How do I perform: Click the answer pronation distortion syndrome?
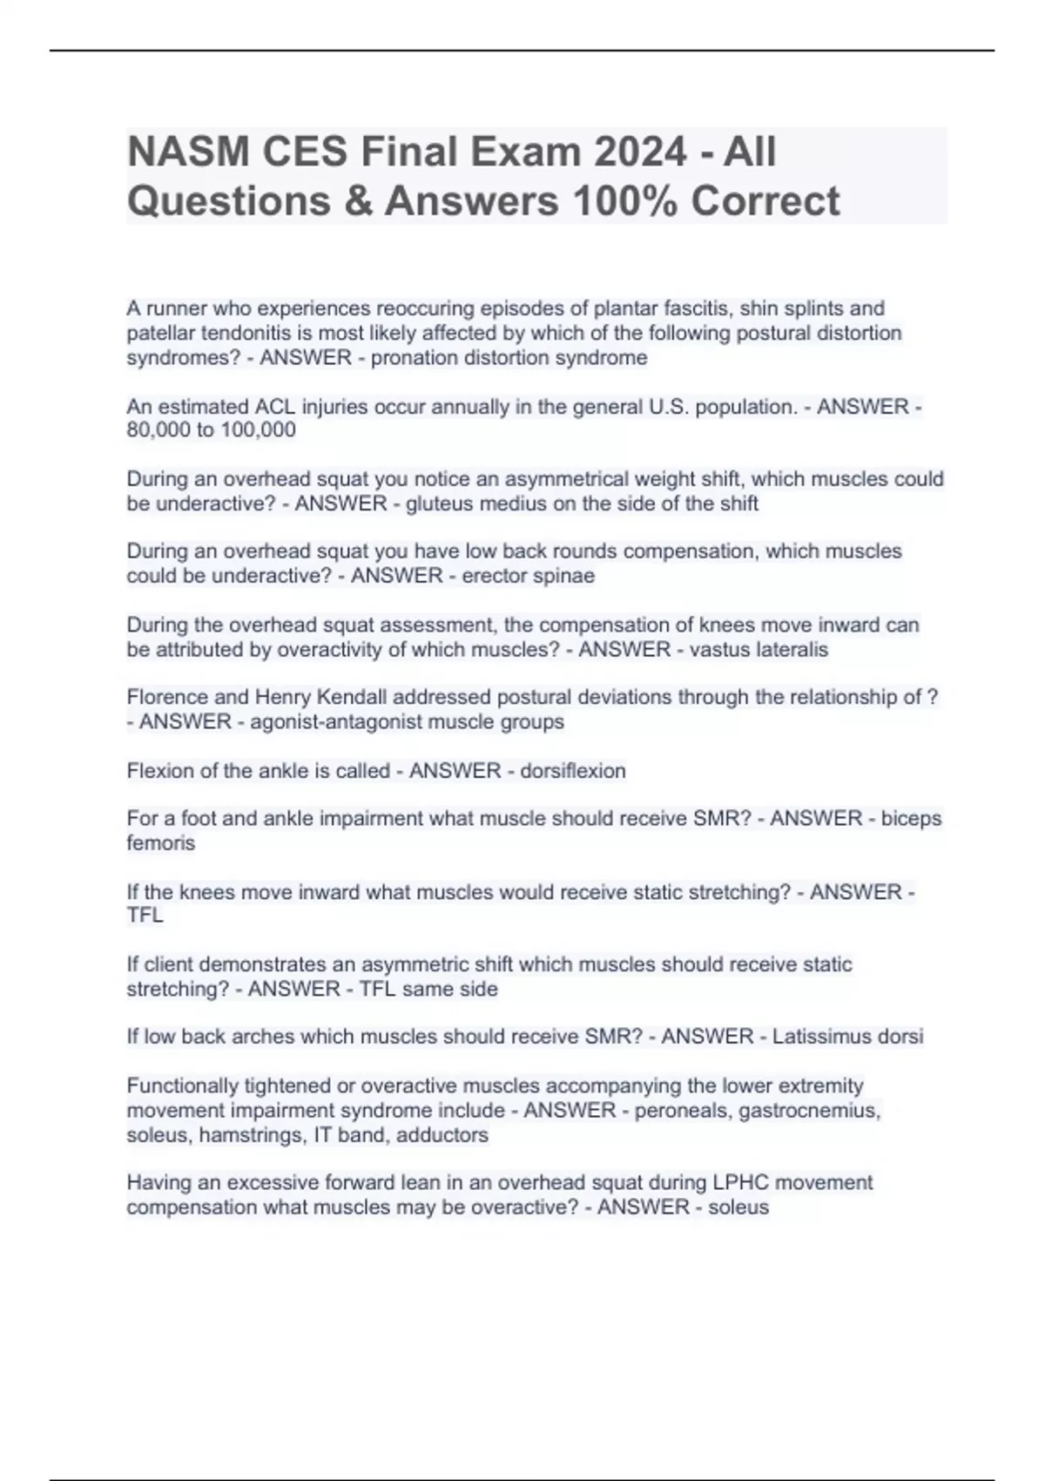tap(509, 358)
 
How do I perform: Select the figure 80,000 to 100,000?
tap(211, 430)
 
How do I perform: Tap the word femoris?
tap(161, 843)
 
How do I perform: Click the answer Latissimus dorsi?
tap(846, 1037)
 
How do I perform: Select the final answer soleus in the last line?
tap(738, 1207)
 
